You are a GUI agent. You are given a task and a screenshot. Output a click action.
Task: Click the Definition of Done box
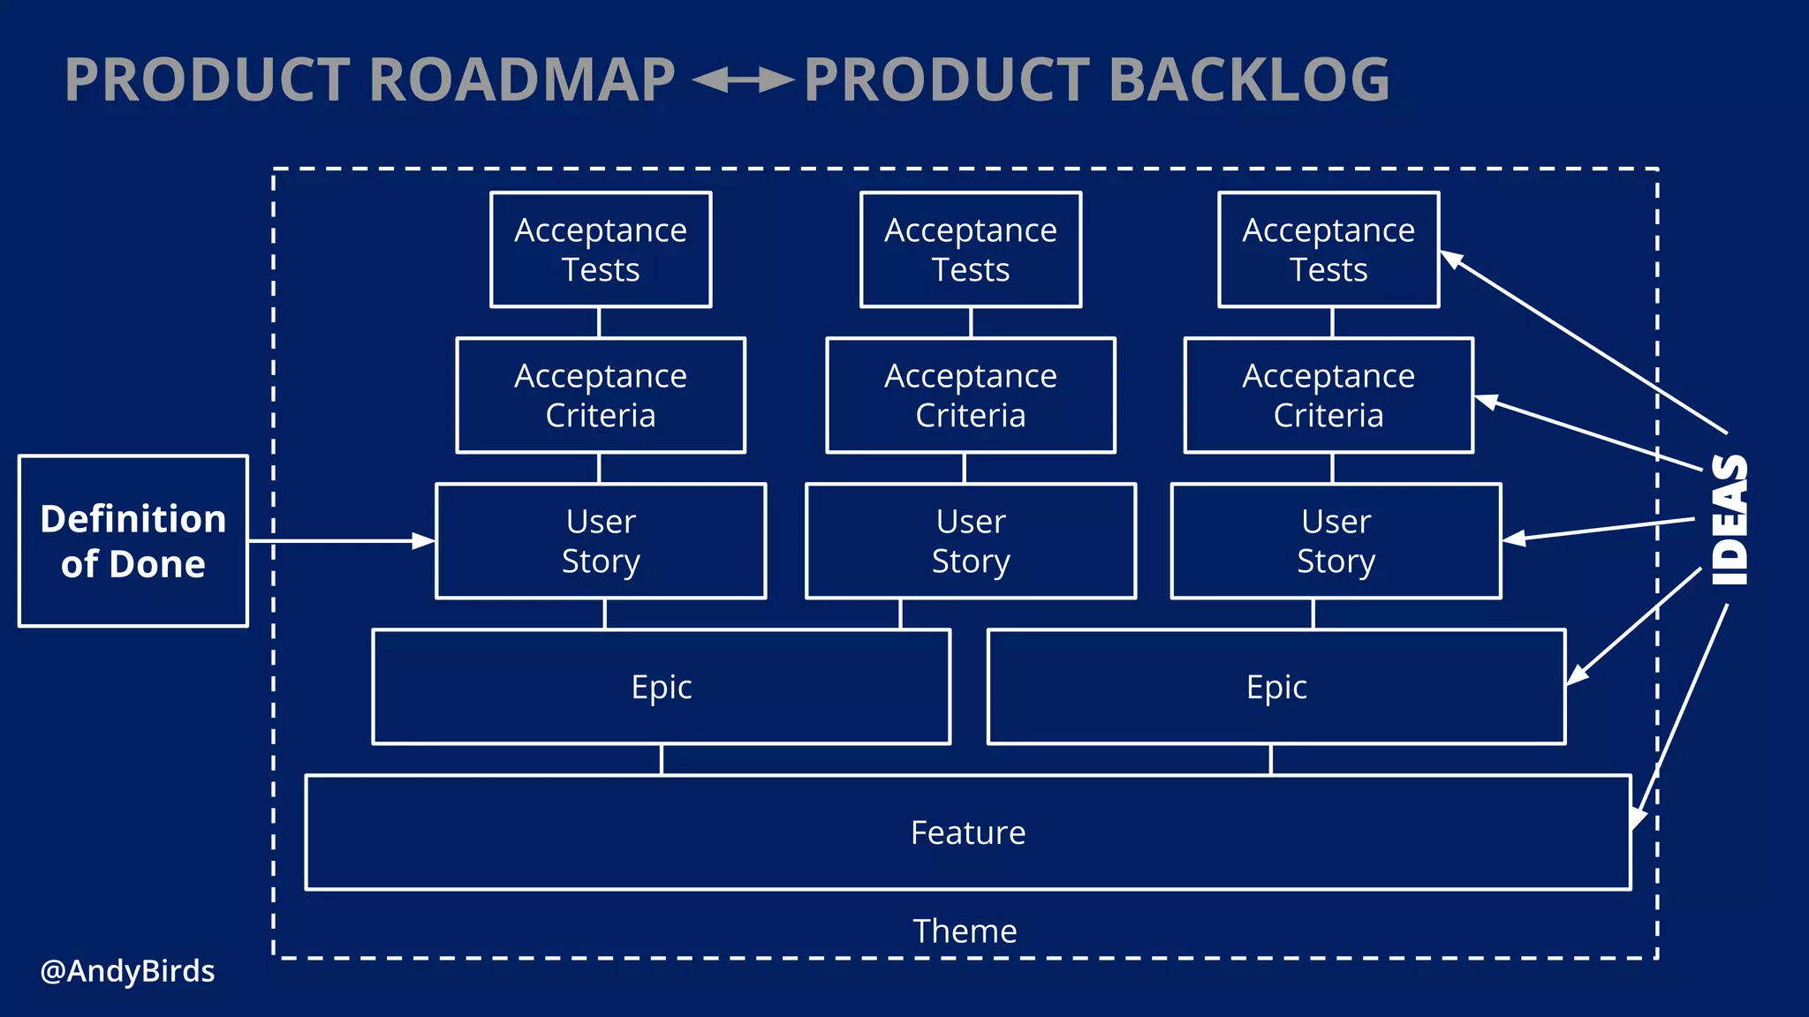click(x=132, y=541)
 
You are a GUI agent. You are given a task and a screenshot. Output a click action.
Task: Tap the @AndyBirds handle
click(x=127, y=971)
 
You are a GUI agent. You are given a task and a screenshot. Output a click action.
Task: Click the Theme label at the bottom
click(x=965, y=931)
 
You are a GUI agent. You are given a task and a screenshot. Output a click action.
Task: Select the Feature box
click(x=968, y=832)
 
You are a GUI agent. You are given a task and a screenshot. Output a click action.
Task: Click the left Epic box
click(x=661, y=687)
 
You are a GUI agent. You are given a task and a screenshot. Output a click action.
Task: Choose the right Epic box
click(x=1276, y=687)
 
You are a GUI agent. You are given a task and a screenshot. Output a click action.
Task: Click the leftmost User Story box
click(x=601, y=541)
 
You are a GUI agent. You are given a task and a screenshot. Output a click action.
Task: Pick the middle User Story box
click(x=971, y=541)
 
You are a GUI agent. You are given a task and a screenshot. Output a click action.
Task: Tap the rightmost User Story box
click(x=1336, y=541)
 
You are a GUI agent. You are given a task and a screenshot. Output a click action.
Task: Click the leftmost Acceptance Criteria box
click(x=601, y=395)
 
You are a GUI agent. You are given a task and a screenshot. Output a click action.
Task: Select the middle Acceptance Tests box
click(x=971, y=250)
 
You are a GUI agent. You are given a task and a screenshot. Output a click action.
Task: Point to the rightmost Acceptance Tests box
click(x=1328, y=250)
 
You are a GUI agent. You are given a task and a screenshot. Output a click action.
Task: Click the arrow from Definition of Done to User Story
click(x=340, y=540)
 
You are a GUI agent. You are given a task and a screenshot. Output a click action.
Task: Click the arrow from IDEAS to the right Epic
click(x=1634, y=627)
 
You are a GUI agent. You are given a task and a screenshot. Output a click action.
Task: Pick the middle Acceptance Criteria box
click(x=971, y=395)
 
